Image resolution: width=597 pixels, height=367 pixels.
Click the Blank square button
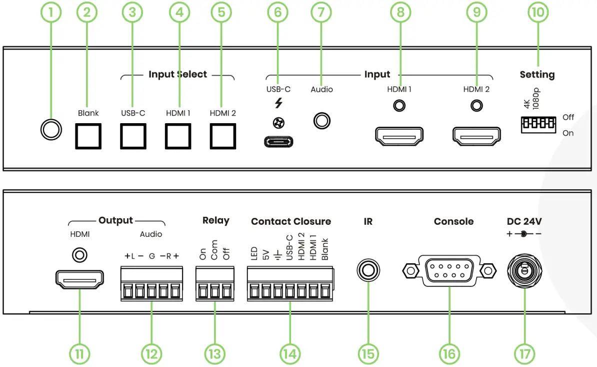[88, 136]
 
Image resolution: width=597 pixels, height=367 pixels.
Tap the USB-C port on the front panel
[278, 142]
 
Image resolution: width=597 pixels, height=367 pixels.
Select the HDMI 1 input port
[399, 136]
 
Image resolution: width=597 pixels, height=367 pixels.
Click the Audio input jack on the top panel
[321, 121]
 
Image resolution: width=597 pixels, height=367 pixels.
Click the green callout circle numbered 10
[538, 12]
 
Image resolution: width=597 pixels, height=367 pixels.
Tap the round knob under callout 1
[51, 130]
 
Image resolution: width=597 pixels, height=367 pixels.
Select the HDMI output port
[79, 279]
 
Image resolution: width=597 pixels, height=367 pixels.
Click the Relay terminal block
[214, 284]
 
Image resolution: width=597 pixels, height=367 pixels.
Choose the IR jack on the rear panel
[368, 270]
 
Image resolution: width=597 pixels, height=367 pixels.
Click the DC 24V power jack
[524, 271]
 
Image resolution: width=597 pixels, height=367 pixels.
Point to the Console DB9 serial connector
[449, 271]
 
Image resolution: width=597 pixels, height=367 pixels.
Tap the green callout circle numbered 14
[290, 354]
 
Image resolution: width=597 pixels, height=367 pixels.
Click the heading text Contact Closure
[291, 221]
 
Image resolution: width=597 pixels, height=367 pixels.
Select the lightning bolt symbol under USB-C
[278, 103]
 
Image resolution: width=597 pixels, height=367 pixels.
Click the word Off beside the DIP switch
[568, 117]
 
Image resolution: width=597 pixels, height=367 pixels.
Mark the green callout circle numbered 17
[524, 354]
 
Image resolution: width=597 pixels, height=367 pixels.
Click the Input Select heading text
[178, 74]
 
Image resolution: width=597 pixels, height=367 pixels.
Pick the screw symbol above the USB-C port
[278, 123]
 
